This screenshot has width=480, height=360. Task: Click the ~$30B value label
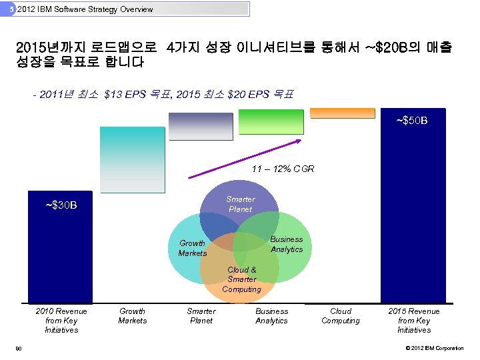[x=61, y=205]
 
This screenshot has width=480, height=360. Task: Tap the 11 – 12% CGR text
[x=283, y=169]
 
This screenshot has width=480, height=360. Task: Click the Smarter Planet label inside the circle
[x=240, y=204]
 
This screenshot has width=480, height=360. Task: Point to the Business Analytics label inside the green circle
[x=287, y=244]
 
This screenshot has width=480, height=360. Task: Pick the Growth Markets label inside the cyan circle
[x=193, y=248]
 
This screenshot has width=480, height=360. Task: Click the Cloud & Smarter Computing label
[x=241, y=280]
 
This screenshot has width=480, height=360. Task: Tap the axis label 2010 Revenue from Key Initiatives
[x=61, y=321]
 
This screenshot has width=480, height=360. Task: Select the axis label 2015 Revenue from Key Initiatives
[x=414, y=321]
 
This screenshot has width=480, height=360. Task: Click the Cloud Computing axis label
[x=340, y=316]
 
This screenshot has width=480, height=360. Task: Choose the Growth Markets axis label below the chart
[x=132, y=316]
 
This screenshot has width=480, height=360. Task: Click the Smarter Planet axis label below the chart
[x=201, y=316]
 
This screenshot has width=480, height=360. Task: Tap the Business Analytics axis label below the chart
[x=271, y=316]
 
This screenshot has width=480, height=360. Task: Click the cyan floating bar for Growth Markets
[x=131, y=160]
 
